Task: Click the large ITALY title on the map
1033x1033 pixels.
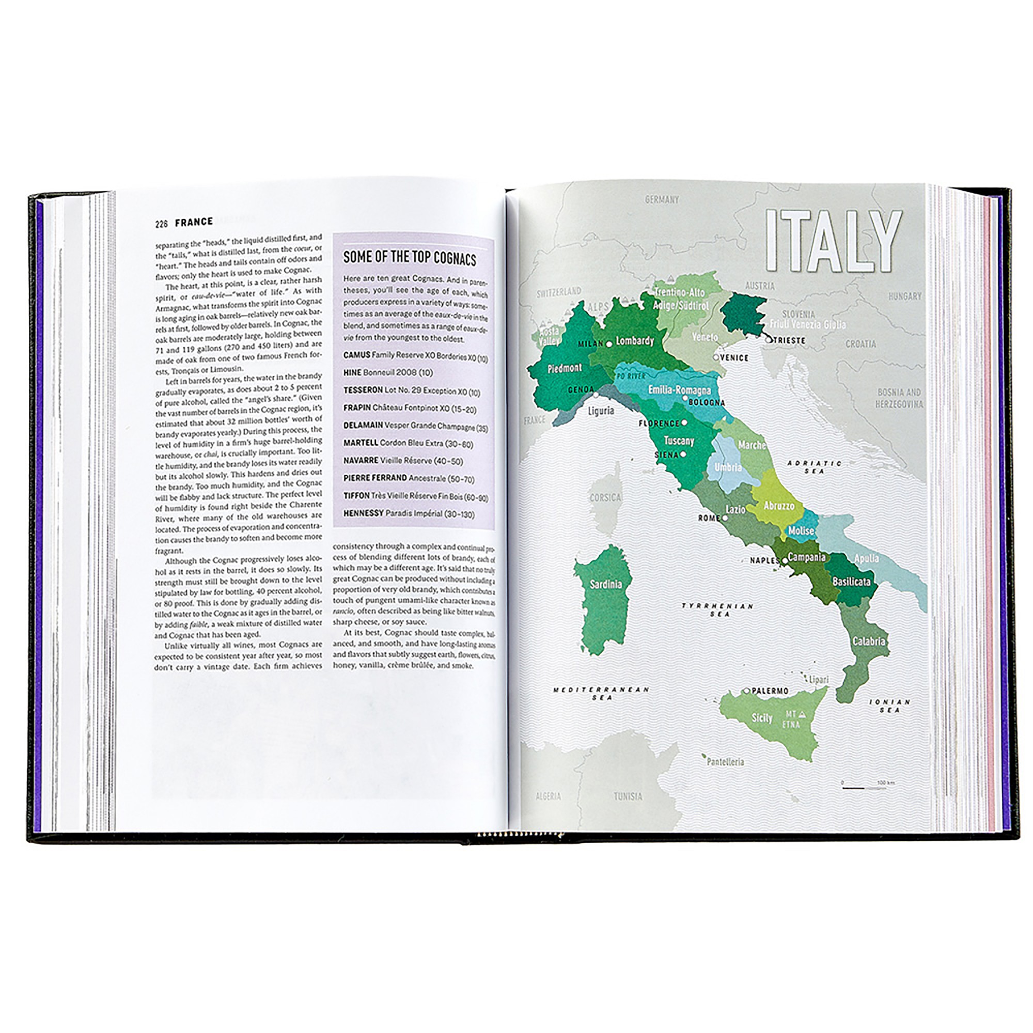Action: tap(834, 242)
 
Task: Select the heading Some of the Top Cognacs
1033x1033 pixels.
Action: tap(409, 258)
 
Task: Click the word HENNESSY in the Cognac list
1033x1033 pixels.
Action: tap(364, 513)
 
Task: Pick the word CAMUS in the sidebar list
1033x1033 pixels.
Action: tap(356, 355)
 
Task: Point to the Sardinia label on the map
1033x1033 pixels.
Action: tap(605, 584)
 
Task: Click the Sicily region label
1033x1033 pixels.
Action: tap(761, 717)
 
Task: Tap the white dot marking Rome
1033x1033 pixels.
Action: tap(726, 518)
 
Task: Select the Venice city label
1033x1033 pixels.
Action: tap(734, 358)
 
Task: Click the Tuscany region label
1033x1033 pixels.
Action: tap(679, 441)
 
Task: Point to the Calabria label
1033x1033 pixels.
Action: tap(868, 640)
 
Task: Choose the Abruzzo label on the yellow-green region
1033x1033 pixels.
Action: tap(778, 505)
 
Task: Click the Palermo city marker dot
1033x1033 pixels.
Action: tap(747, 691)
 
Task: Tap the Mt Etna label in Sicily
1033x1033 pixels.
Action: tap(791, 719)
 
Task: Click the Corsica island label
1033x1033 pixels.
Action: tap(605, 497)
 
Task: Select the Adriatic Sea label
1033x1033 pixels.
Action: tap(815, 467)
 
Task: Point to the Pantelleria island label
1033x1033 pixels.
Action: tap(725, 762)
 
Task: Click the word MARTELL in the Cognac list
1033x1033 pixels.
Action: tap(361, 443)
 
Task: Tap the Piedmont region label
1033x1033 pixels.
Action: tap(564, 368)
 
